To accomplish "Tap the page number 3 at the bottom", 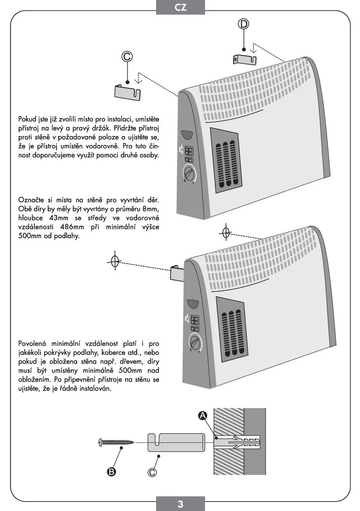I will (x=180, y=504).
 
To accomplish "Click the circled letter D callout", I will (x=244, y=24).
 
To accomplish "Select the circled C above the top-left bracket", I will (x=127, y=57).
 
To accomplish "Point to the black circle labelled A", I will (x=203, y=417).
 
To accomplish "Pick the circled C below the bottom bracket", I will (x=152, y=472).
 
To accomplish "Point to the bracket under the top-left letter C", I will (x=128, y=91).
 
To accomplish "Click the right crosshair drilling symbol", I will (x=225, y=232).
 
